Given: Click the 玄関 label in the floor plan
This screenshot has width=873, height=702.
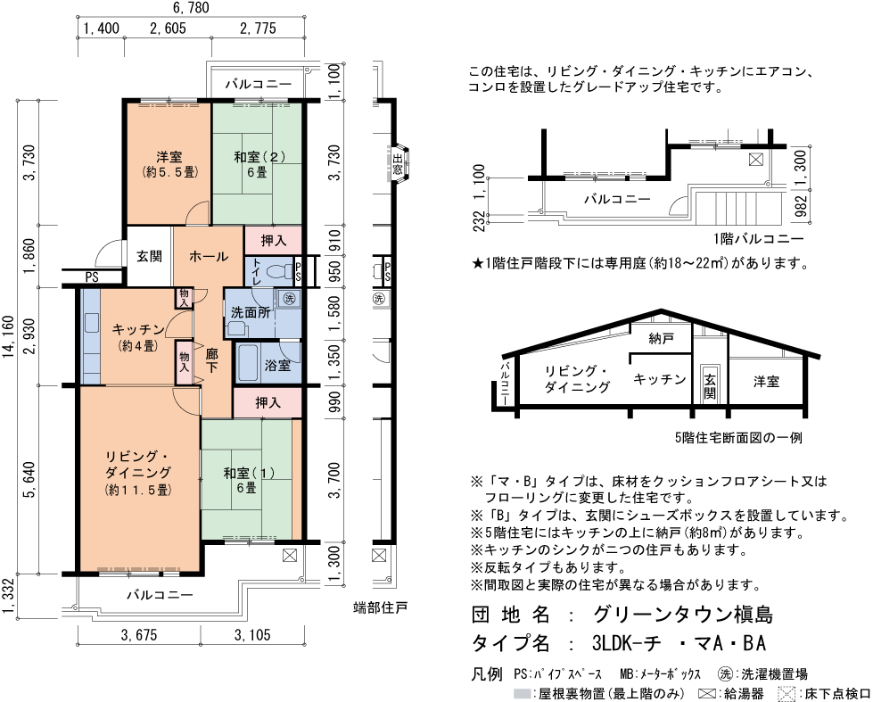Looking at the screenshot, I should coord(149,257).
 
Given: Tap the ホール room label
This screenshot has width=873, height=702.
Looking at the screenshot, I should coord(209,256).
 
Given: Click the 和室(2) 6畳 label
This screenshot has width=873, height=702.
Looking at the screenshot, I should coord(259,164).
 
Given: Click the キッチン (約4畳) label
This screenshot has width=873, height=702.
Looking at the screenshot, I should coord(136,336).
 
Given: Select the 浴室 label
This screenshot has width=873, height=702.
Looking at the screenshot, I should coord(277,366).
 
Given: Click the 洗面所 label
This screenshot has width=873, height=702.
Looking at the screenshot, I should coord(251,312).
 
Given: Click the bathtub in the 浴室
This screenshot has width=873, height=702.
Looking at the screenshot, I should coord(247,363).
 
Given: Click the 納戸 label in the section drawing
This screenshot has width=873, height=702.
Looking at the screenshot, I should coord(661,337).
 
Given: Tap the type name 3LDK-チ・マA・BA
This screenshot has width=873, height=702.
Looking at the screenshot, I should coord(679,644).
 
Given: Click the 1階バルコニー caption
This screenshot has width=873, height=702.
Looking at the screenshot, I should coord(758,241).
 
